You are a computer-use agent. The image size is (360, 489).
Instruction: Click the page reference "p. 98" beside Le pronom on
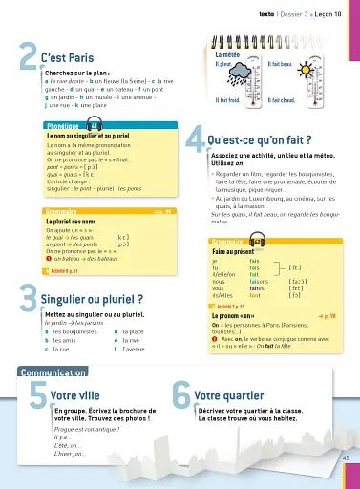pyautogui.click(x=327, y=313)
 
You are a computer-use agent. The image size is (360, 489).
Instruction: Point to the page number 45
pyautogui.click(x=345, y=460)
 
